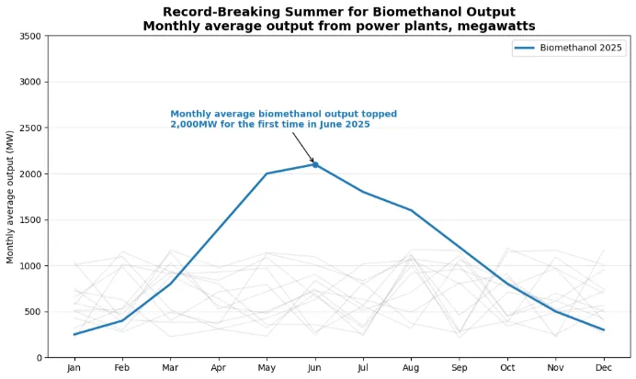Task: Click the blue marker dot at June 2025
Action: (x=315, y=164)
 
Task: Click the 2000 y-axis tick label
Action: (x=30, y=173)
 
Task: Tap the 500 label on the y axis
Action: (x=33, y=312)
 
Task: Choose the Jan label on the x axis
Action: (x=74, y=368)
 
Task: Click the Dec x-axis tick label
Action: (x=605, y=368)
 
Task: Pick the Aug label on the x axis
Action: (x=412, y=368)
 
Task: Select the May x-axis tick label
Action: (x=267, y=368)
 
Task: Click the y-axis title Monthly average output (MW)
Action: (x=11, y=196)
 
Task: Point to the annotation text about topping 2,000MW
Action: (x=283, y=119)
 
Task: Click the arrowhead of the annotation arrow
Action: (x=313, y=162)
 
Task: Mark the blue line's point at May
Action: (x=267, y=173)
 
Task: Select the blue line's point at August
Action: (x=412, y=210)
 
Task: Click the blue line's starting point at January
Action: (x=74, y=334)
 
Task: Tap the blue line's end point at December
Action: (x=605, y=329)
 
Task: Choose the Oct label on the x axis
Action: (x=508, y=368)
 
